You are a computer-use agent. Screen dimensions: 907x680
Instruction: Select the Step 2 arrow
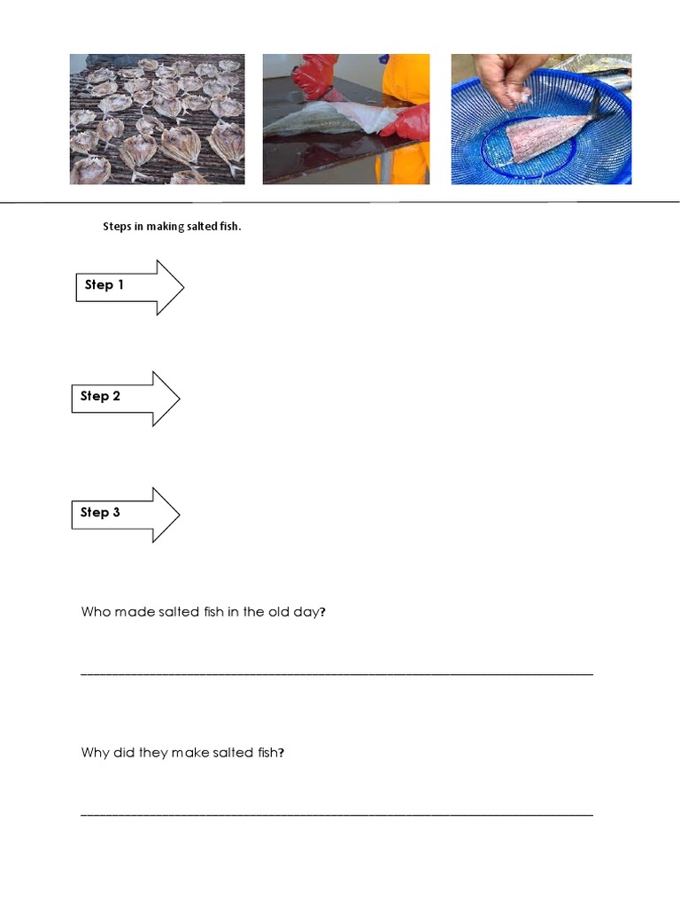(125, 398)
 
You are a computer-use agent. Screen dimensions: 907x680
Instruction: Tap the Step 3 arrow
(125, 514)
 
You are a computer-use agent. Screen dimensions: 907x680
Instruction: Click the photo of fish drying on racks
(157, 119)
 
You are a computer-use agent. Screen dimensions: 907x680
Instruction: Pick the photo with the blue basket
(541, 119)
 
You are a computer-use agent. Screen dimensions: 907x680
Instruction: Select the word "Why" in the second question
(95, 753)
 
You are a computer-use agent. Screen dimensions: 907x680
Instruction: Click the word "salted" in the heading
(201, 227)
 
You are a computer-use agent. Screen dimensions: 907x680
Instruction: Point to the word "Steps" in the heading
(117, 227)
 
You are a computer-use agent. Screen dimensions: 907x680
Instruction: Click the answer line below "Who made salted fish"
(336, 674)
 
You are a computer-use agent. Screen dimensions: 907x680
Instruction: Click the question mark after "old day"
(322, 612)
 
